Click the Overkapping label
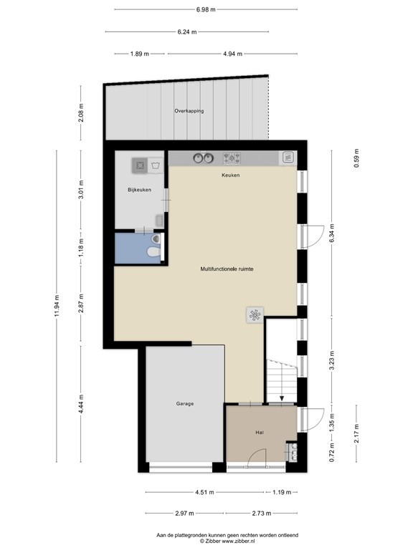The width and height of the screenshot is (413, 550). point(189,111)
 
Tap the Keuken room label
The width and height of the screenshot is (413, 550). point(231,175)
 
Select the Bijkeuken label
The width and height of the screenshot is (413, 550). point(139,190)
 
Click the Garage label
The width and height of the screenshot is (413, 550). point(185,404)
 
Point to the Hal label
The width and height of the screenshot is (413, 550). point(260,433)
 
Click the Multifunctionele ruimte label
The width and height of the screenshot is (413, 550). point(227,269)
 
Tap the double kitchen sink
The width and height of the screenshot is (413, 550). point(204,158)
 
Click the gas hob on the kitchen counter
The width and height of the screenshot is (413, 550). point(232,158)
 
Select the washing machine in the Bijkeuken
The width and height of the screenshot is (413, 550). point(140,165)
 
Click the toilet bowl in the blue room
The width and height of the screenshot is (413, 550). point(153,252)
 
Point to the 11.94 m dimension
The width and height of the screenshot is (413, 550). point(57,307)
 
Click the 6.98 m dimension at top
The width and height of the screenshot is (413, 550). point(206,9)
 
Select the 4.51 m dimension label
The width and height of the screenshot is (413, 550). point(204,492)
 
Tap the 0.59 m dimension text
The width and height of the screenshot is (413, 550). point(356,158)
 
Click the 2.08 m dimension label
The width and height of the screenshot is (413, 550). point(81,113)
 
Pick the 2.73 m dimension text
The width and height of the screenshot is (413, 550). point(262,513)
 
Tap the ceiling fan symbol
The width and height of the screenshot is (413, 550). point(255,315)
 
